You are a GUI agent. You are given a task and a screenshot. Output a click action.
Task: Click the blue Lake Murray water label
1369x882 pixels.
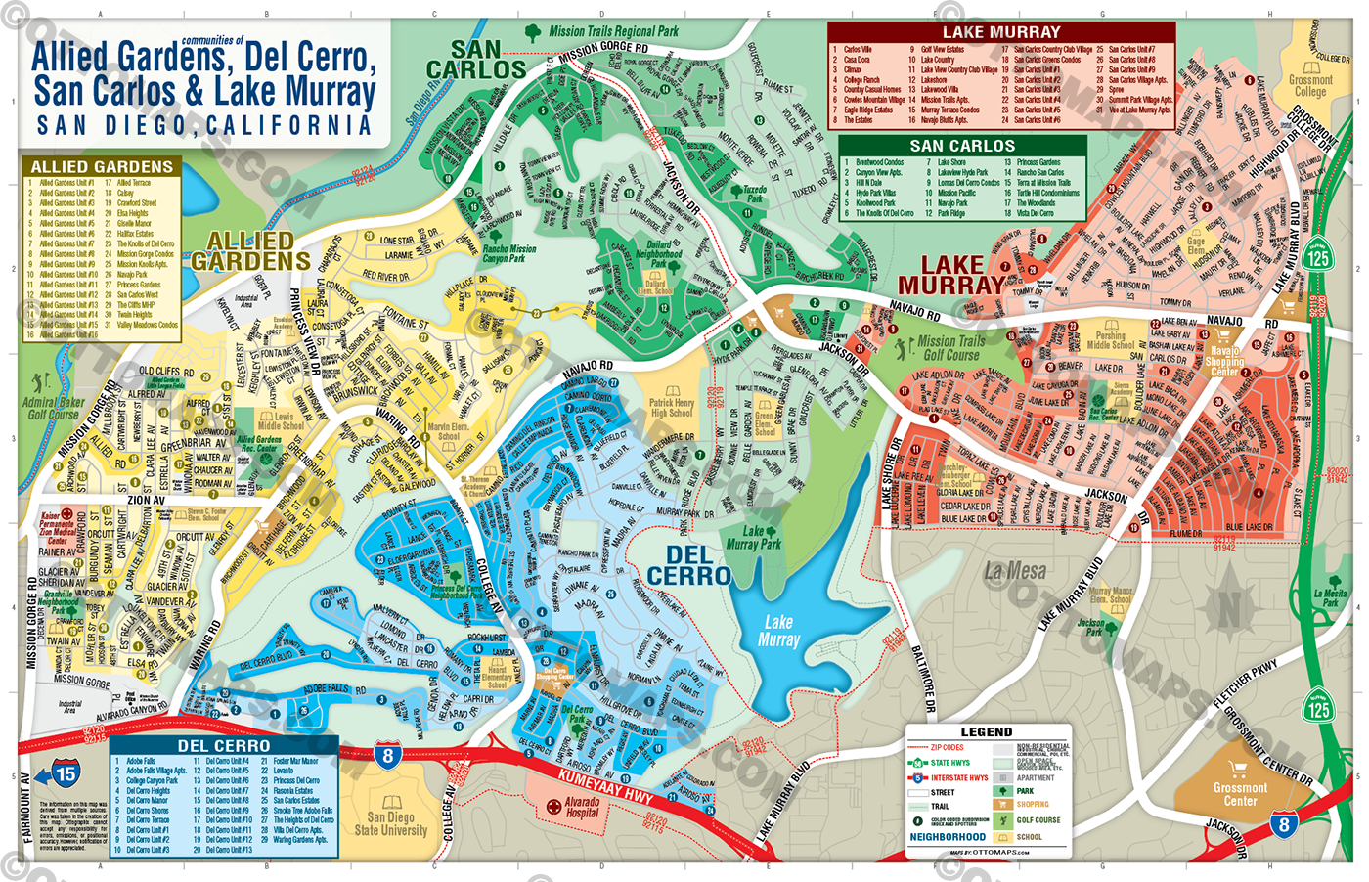778,631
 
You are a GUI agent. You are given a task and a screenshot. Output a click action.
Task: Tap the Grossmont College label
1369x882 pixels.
1310,86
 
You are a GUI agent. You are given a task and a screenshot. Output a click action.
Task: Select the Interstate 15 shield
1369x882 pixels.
65,774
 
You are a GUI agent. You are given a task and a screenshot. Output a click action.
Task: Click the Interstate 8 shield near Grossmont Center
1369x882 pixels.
1284,824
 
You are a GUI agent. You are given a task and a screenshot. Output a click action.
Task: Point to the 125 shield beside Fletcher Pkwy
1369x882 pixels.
1318,708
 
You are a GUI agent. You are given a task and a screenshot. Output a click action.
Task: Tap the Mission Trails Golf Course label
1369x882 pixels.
950,348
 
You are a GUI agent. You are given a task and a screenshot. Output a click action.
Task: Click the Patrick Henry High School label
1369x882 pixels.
672,407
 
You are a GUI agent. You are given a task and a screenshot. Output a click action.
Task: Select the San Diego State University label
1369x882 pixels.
391,823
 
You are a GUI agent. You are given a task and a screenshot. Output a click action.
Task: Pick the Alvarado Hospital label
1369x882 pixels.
582,807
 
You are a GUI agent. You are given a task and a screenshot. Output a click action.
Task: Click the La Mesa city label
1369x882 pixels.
1015,571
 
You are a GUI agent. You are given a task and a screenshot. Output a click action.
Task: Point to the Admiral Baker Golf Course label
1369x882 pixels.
53,408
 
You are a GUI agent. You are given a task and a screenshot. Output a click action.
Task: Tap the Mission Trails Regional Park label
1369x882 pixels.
613,31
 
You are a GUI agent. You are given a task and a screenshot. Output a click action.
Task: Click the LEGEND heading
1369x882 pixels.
986,731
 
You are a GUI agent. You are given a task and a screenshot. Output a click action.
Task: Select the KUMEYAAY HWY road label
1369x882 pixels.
605,786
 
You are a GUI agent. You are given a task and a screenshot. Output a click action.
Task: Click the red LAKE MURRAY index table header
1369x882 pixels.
1000,32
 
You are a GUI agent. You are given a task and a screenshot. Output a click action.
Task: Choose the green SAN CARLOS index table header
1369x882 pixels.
962,146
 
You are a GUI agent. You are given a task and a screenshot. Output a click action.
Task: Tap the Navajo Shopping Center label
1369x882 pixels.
1224,361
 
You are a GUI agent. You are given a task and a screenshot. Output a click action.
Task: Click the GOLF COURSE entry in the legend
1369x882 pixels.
1037,820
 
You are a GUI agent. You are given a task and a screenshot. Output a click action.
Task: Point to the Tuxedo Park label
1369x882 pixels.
754,194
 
